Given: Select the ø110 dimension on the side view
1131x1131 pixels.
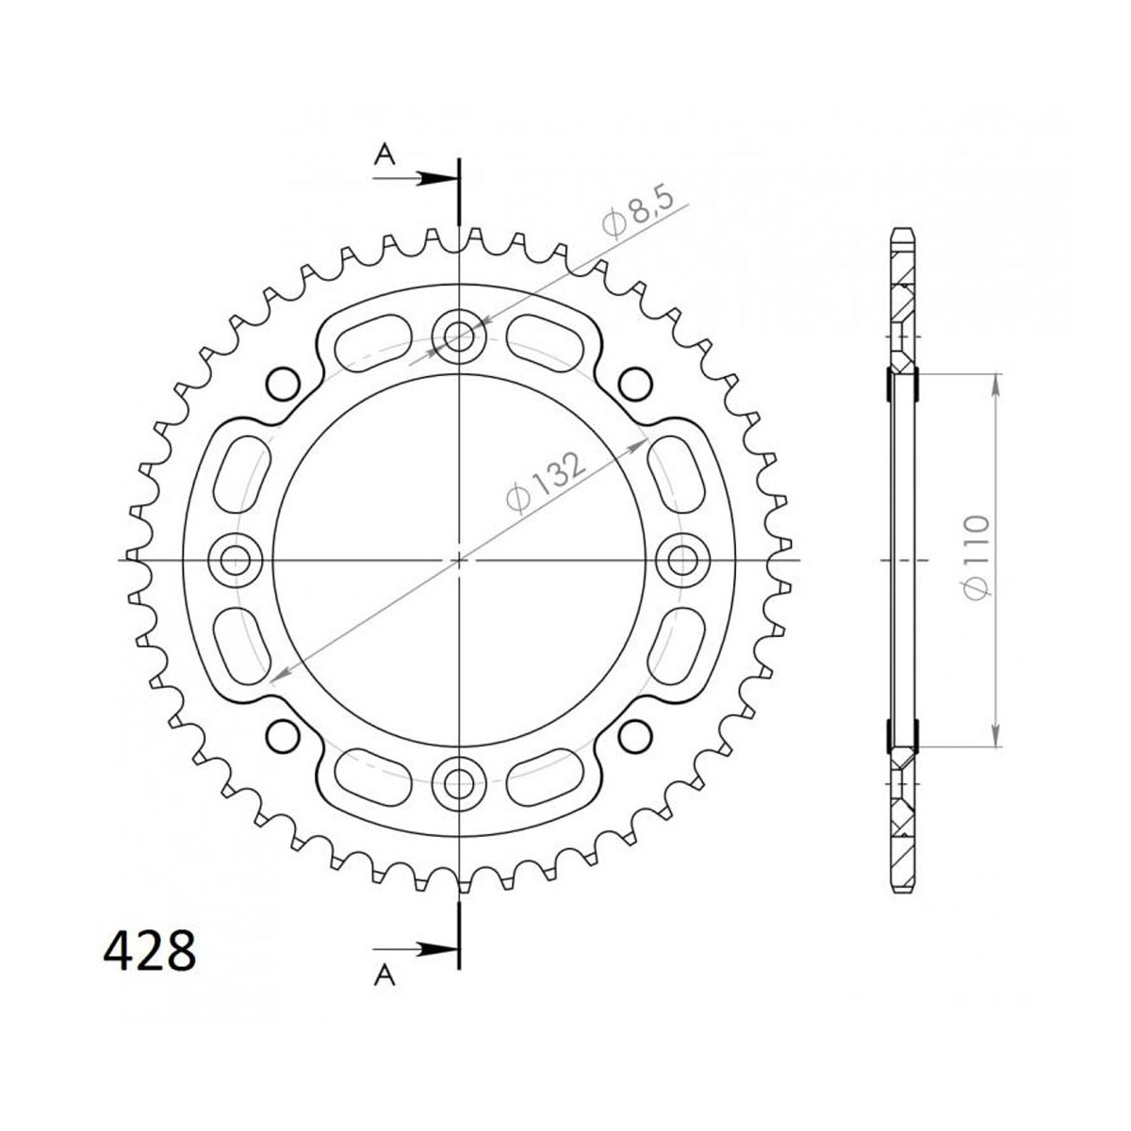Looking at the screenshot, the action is [x=977, y=558].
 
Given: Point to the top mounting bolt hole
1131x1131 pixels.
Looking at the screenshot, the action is [x=459, y=336].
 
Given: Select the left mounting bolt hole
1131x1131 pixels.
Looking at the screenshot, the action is [x=237, y=560].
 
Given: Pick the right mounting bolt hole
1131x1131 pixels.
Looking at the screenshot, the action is [x=681, y=560].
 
